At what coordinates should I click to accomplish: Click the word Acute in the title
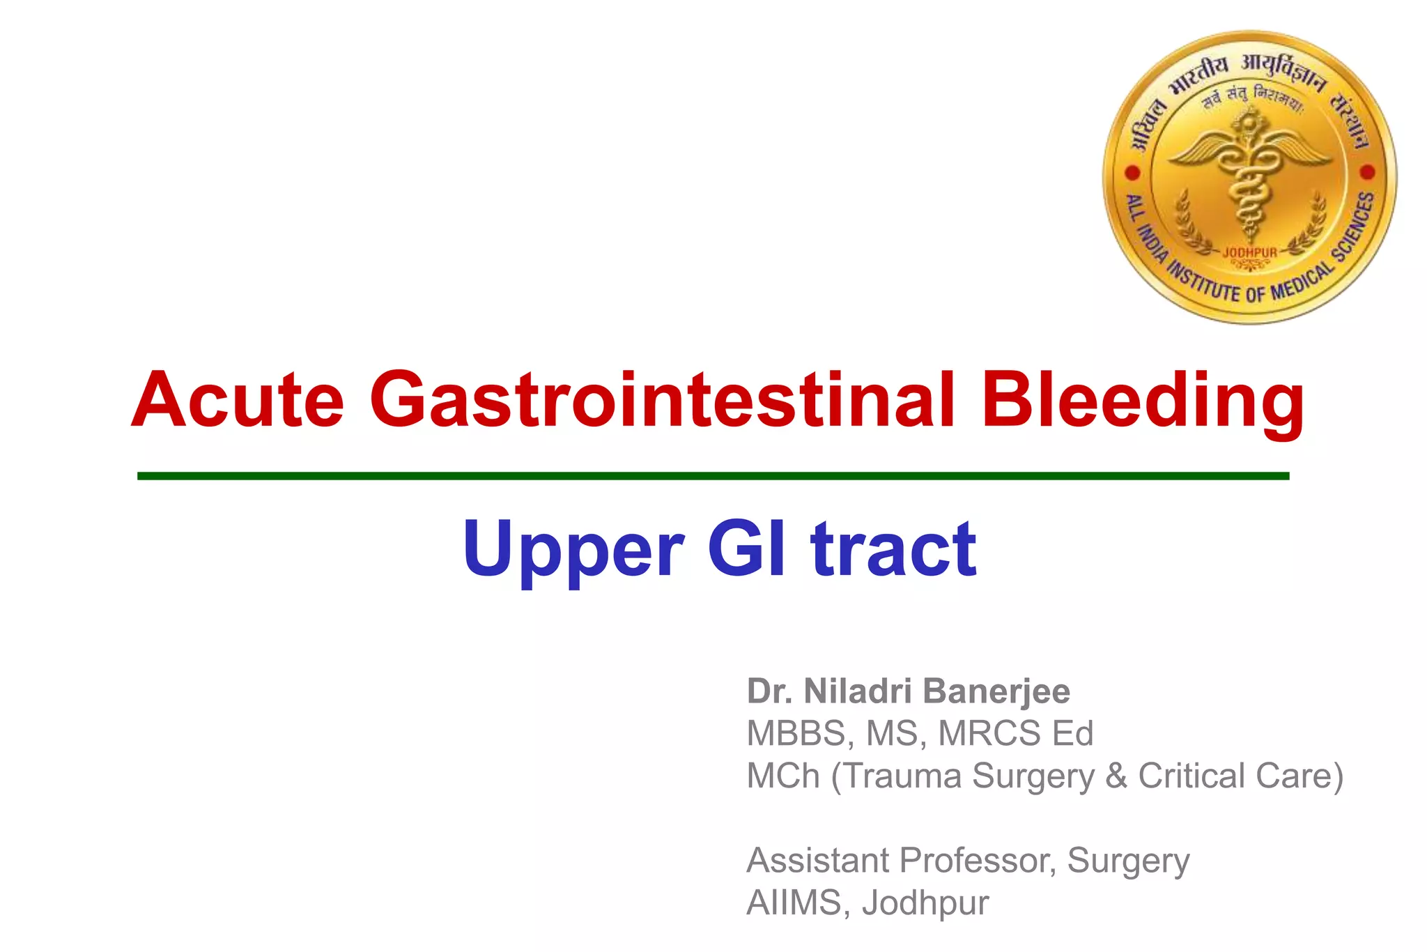point(238,400)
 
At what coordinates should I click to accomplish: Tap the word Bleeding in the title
point(1142,400)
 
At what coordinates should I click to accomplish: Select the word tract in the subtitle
point(894,549)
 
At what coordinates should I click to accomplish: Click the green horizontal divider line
point(713,476)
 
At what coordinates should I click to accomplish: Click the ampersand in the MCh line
point(1116,776)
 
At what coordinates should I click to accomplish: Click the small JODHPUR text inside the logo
point(1250,252)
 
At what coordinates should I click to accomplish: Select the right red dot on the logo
point(1367,171)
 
